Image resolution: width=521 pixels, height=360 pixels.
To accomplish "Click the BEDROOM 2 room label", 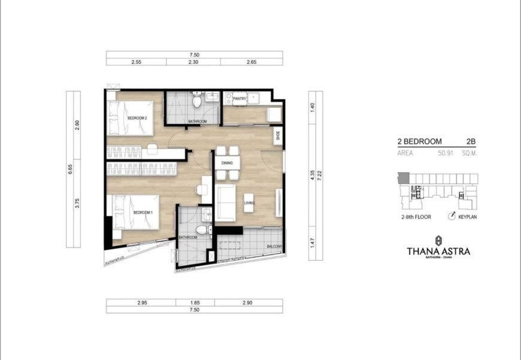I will tap(137, 118).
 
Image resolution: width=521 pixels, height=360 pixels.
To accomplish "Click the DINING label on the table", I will tap(227, 162).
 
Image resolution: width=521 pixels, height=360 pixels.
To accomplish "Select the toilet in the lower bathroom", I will tap(202, 230).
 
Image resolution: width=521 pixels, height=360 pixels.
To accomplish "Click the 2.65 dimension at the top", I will tap(251, 62).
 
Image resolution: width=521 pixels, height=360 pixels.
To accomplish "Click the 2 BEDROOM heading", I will tap(419, 141).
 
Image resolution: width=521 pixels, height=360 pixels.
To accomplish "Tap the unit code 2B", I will tap(470, 141).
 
